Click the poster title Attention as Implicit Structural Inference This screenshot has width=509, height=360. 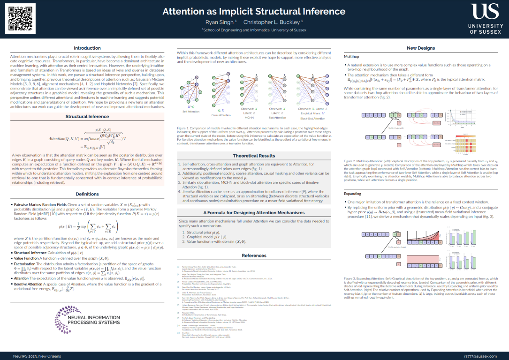coord(254,11)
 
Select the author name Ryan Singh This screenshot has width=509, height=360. coord(220,22)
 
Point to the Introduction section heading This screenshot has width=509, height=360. coord(87,48)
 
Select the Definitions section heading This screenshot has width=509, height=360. coord(87,194)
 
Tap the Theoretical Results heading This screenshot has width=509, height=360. coord(254,156)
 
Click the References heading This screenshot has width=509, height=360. coord(254,255)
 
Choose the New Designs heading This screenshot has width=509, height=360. coord(421,48)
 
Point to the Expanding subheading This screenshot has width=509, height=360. coord(353,193)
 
